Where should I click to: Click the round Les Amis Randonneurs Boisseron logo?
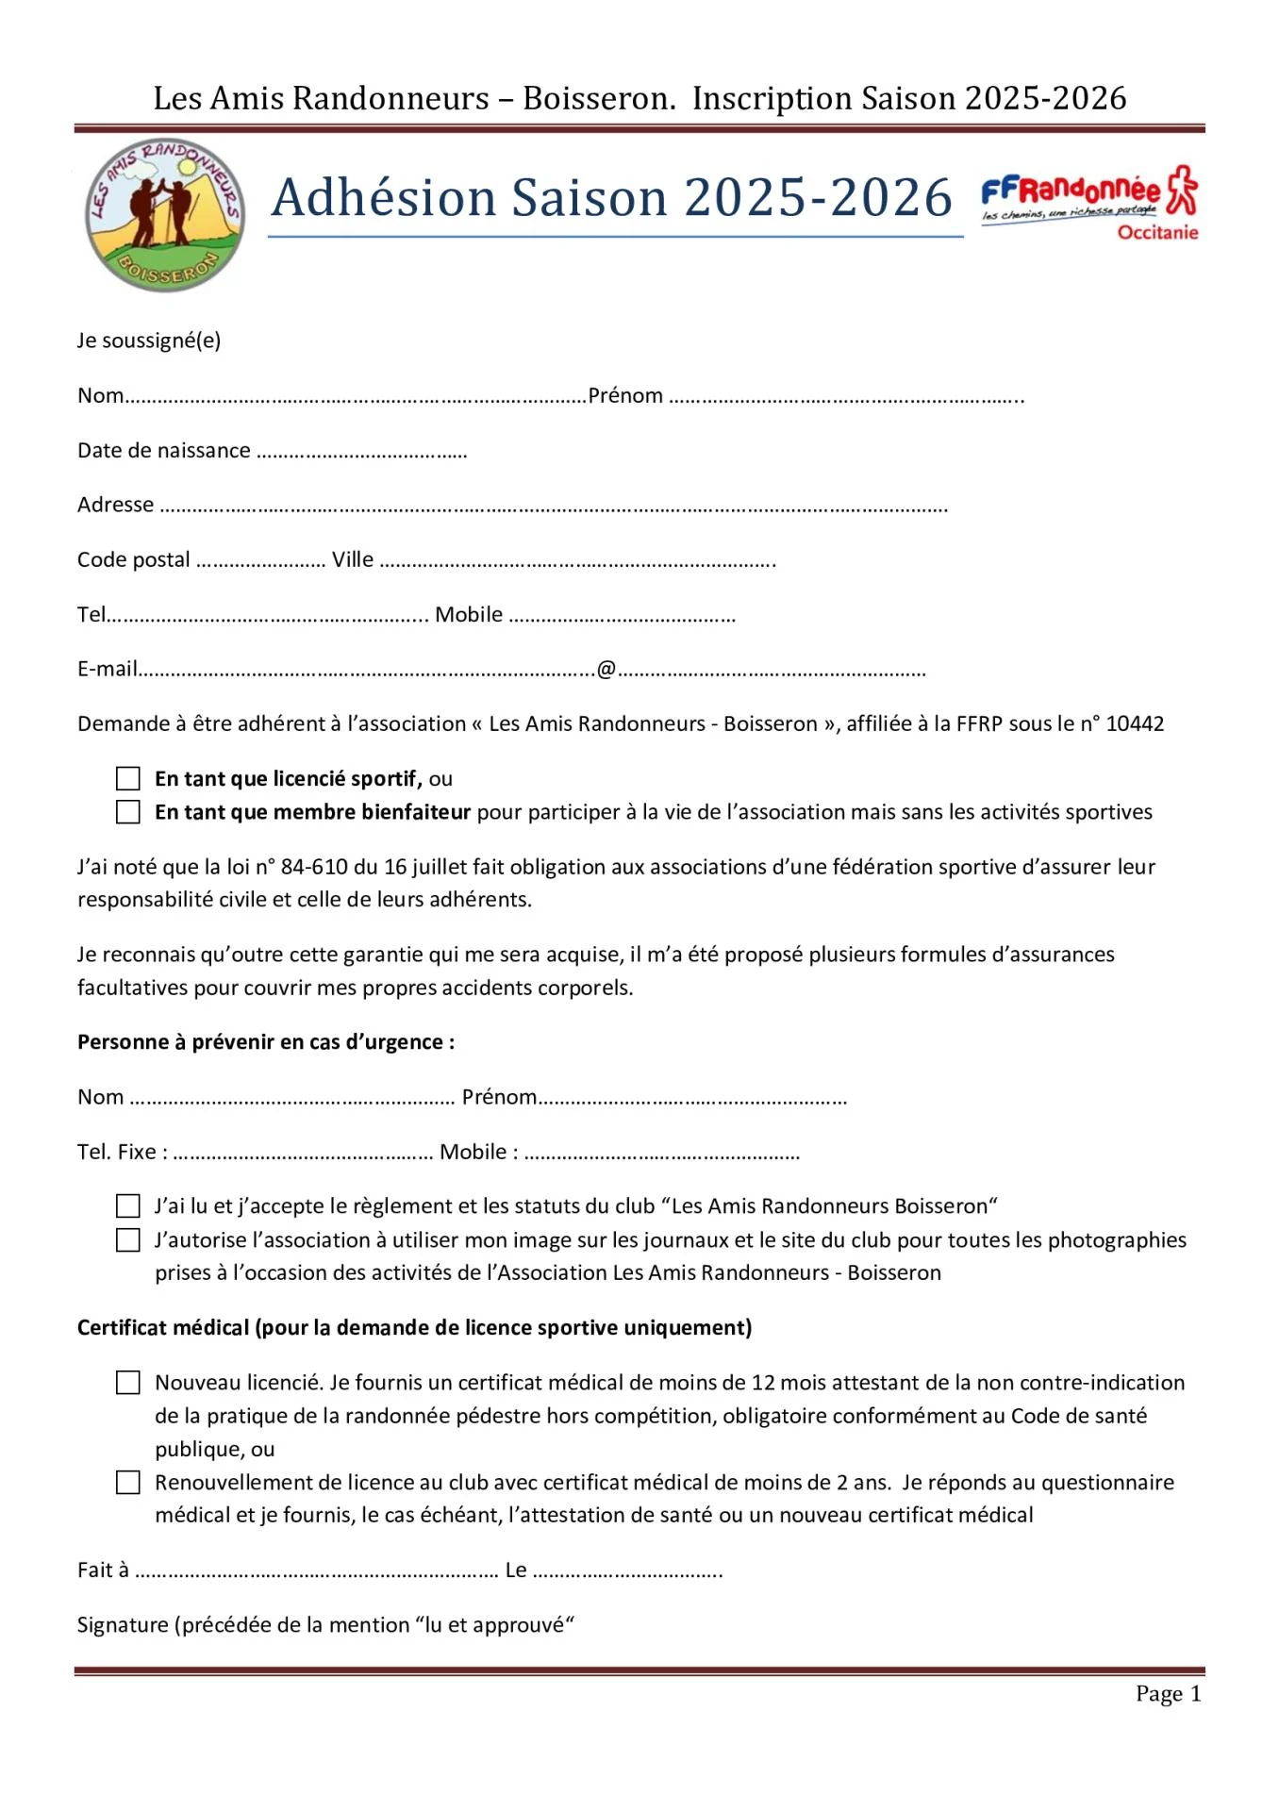(165, 216)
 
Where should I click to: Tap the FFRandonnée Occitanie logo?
(1089, 204)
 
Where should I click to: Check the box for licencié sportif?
(128, 778)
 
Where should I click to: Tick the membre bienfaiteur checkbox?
(128, 812)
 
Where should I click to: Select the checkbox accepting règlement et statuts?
(128, 1205)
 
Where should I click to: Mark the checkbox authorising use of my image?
(128, 1239)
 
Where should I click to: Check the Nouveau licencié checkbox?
(128, 1382)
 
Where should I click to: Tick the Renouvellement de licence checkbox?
(128, 1482)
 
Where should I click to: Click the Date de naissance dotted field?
(361, 453)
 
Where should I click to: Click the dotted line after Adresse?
(553, 507)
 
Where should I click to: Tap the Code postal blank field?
(260, 562)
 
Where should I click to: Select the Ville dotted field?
(576, 562)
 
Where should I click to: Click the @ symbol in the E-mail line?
(606, 669)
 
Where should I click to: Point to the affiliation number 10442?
(1135, 723)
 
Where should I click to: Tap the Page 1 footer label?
(1168, 1693)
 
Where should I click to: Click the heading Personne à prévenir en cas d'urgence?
(266, 1041)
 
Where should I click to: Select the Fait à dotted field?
(316, 1572)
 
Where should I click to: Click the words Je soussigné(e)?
(149, 340)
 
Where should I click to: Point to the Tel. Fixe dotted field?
(302, 1155)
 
